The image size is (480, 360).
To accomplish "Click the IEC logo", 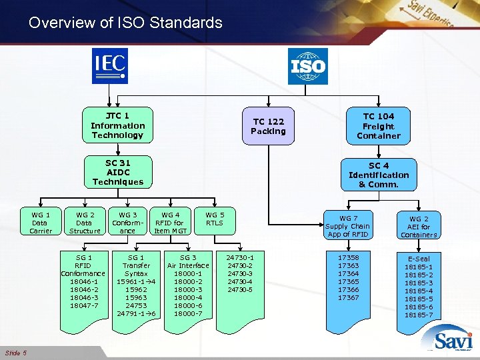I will click(x=109, y=67).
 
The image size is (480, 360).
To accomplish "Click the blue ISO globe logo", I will click(x=307, y=66).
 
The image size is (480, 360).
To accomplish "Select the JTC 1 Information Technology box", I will click(x=117, y=125).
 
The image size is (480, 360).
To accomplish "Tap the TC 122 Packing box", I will click(x=268, y=126).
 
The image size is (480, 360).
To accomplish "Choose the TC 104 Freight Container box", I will click(x=378, y=126).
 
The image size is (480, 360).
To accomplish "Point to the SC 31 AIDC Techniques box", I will click(x=117, y=172).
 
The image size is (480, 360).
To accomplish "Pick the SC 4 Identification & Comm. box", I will click(x=378, y=175).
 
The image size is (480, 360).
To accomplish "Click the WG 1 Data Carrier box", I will click(x=40, y=223).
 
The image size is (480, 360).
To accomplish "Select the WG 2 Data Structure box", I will click(x=84, y=223).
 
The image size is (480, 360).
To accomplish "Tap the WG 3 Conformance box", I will click(x=127, y=223).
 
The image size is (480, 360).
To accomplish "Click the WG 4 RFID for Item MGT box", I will click(x=171, y=223).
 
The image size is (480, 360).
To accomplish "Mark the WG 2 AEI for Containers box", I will click(x=419, y=226).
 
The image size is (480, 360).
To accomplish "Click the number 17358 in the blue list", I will click(x=348, y=257).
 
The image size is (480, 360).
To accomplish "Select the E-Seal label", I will click(x=419, y=259).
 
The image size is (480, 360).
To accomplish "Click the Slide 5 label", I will click(x=15, y=353).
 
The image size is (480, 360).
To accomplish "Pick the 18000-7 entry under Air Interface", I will click(x=188, y=313).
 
